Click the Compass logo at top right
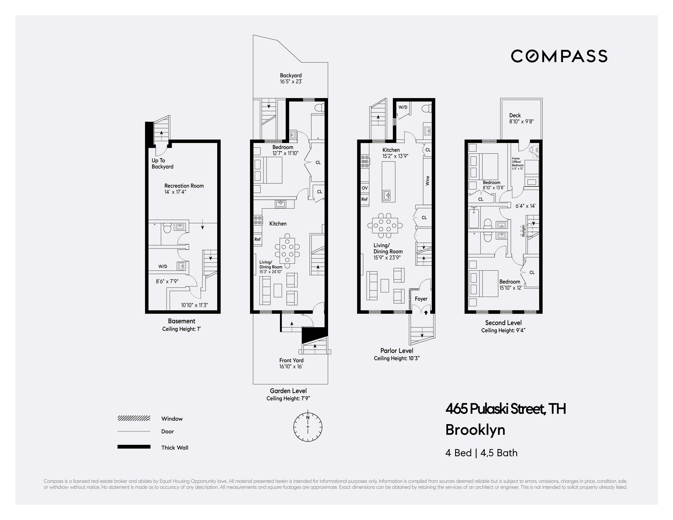tap(559, 56)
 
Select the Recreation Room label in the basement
tap(184, 186)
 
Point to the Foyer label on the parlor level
tap(421, 299)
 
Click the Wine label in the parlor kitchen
tap(427, 181)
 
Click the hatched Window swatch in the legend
tap(134, 418)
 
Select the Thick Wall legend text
tap(174, 448)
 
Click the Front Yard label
tap(291, 360)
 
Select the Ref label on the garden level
tap(257, 239)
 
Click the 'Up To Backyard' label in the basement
tap(162, 164)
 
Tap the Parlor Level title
tap(397, 351)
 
